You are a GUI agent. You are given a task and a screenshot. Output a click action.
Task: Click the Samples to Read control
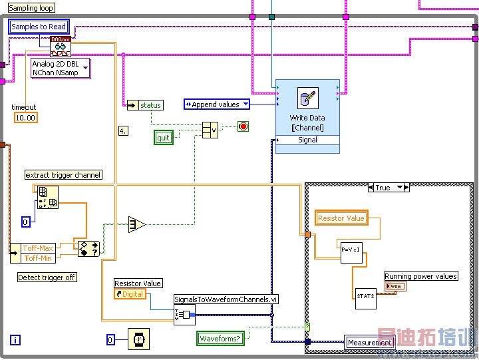point(39,27)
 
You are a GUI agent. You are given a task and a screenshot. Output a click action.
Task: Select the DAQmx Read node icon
point(60,47)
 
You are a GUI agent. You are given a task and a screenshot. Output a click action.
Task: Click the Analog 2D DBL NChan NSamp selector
point(60,69)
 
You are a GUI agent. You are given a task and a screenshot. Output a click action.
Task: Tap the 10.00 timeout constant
point(25,118)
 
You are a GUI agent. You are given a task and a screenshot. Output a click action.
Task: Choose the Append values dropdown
point(216,104)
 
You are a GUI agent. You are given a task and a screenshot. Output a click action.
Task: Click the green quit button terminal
point(163,138)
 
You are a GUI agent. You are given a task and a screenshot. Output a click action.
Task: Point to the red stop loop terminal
point(243,126)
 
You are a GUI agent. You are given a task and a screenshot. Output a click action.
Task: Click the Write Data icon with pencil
point(307,98)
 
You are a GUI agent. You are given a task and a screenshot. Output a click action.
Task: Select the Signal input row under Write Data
point(307,140)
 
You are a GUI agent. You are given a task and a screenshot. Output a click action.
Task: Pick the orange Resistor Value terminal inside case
point(341,218)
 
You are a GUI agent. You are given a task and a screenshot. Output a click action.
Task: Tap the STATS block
point(365,297)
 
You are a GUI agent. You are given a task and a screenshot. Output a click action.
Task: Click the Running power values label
point(421,276)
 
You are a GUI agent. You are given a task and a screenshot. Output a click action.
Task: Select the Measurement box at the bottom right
point(369,343)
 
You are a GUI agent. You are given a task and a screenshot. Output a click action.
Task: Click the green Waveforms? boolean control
point(221,339)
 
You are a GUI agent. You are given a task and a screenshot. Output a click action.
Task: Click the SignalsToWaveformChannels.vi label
point(226,299)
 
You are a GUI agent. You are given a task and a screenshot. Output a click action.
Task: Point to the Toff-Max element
point(37,248)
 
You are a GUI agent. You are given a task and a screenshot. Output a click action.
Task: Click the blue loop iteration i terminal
point(15,340)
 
